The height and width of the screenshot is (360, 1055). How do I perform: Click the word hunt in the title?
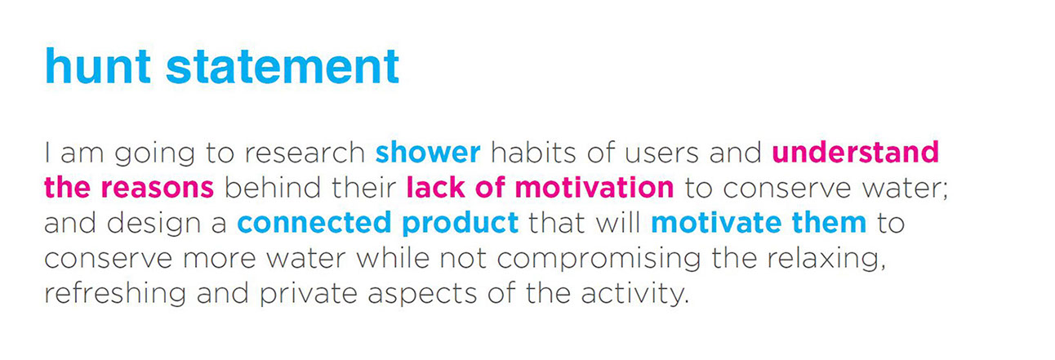(98, 66)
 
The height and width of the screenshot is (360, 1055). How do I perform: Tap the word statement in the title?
(283, 66)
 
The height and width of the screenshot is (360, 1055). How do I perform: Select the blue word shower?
(428, 152)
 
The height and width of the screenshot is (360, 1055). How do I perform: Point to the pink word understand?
(855, 152)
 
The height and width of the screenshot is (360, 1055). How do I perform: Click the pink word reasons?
(158, 187)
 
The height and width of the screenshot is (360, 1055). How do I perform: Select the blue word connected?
(314, 222)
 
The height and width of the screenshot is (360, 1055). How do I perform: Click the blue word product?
(461, 223)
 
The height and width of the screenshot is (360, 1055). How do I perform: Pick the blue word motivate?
(716, 223)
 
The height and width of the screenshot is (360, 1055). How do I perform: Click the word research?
(305, 152)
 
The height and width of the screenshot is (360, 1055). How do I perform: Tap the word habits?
(533, 152)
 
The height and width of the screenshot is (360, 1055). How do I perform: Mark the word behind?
(273, 187)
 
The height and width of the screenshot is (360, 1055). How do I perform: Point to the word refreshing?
(115, 294)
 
